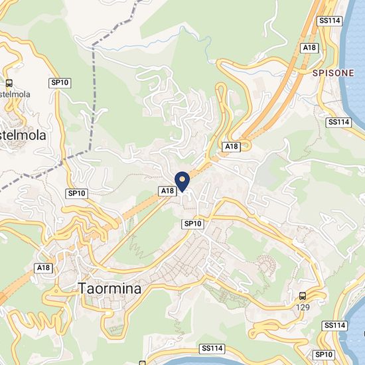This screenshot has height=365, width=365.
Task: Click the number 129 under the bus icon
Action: [303, 307]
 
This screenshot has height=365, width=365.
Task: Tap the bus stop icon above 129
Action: [303, 295]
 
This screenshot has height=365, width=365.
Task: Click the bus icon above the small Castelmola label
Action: [9, 84]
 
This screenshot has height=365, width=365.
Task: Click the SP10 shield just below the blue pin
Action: [192, 224]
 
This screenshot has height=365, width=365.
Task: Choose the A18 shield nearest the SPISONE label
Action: [309, 48]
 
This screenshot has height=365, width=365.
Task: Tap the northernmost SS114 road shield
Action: [329, 21]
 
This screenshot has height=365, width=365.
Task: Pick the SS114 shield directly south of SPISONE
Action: [338, 122]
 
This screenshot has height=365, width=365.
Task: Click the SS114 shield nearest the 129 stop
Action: [336, 325]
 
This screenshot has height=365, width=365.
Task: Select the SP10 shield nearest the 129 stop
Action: [323, 355]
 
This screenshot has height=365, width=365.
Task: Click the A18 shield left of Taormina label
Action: [44, 268]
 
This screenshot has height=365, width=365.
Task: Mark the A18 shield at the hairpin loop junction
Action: [231, 146]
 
